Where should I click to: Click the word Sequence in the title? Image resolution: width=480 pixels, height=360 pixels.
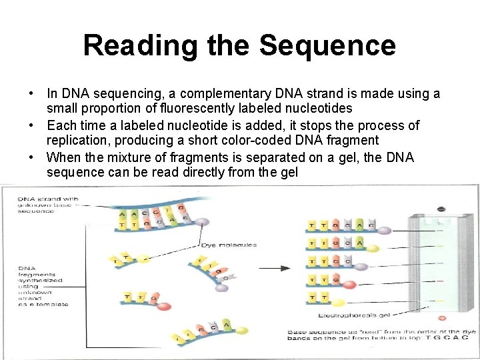(x=327, y=46)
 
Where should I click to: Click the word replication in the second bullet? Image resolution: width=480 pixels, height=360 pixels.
(x=75, y=140)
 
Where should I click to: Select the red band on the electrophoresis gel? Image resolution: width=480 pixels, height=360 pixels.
(x=441, y=281)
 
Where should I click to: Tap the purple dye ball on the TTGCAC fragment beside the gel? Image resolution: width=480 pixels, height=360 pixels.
(x=385, y=230)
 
